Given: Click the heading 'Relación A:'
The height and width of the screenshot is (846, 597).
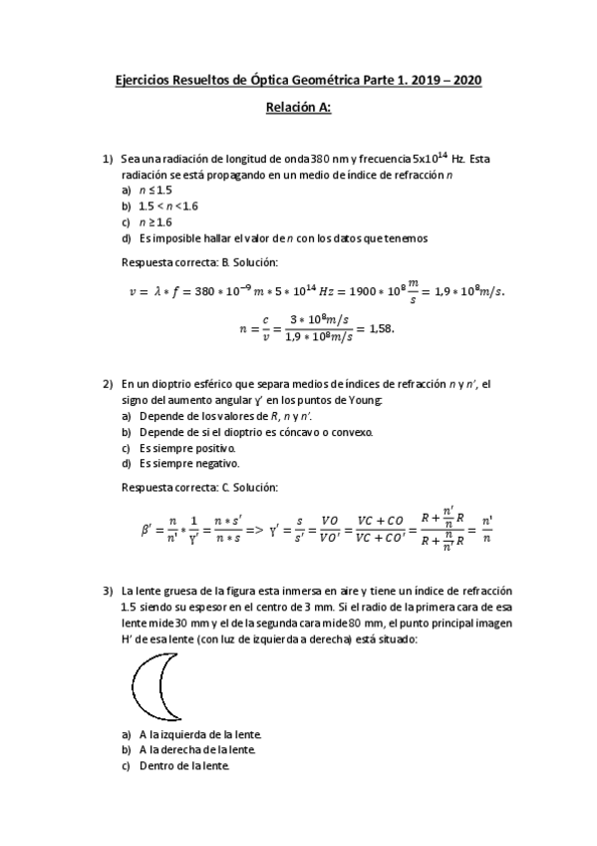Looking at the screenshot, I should pyautogui.click(x=298, y=109).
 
